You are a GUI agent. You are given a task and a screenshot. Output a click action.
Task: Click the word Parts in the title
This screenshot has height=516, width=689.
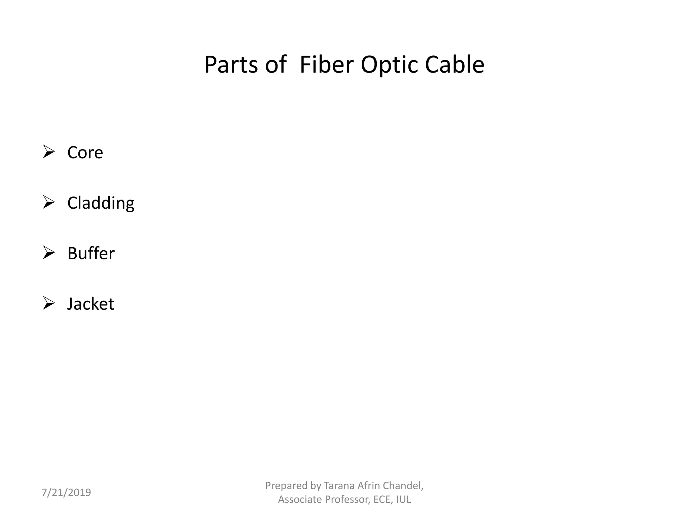[x=231, y=64]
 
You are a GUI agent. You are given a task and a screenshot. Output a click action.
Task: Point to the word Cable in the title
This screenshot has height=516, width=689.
[x=454, y=64]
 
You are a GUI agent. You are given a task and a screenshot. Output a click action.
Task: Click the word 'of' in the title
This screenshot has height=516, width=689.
[x=276, y=64]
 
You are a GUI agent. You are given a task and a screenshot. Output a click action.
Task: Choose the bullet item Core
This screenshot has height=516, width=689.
[x=85, y=153]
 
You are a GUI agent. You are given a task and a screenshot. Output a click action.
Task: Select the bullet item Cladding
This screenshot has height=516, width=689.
[x=101, y=203]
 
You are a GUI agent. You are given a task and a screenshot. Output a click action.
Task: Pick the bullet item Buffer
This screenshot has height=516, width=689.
[x=91, y=253]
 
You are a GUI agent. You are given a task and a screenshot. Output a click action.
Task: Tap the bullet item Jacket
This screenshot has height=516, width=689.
[x=90, y=304]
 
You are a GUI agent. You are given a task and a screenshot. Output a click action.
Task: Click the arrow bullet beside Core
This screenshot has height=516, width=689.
[x=49, y=152]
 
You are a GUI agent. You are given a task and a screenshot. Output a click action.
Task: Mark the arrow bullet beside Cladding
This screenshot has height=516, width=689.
[x=49, y=202]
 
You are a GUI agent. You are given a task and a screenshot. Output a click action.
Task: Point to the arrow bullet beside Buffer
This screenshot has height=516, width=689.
[x=49, y=253]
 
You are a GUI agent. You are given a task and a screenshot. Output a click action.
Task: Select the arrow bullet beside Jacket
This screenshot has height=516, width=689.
[x=49, y=303]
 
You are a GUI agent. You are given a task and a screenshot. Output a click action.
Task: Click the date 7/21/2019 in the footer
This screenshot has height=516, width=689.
[x=66, y=492]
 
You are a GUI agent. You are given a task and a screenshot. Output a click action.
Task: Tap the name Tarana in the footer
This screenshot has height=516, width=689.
[x=339, y=485]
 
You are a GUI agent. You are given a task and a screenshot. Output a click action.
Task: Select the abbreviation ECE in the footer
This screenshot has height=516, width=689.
[x=383, y=500]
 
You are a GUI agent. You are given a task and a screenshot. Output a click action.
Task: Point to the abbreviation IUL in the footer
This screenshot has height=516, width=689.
[x=403, y=500]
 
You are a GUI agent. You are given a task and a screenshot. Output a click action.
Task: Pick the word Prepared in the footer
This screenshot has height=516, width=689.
[x=286, y=485]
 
